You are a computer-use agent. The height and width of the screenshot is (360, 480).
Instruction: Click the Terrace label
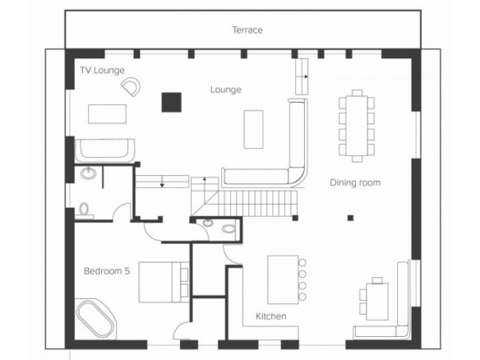(247, 30)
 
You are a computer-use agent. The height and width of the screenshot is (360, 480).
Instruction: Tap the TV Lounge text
(102, 71)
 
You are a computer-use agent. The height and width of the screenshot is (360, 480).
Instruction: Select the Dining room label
(355, 182)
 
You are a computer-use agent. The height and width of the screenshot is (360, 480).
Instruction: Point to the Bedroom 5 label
(107, 271)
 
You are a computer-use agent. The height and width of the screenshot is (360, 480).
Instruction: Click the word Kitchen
(271, 316)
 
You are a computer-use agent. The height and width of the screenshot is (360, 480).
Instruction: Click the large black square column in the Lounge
(172, 102)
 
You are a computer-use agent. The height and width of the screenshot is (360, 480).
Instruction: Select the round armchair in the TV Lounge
(132, 86)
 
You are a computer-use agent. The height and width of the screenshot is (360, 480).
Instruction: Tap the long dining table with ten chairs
(357, 126)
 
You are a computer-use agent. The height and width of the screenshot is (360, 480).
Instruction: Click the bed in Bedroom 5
(164, 282)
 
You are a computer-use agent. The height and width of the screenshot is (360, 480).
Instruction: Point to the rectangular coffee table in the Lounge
(253, 130)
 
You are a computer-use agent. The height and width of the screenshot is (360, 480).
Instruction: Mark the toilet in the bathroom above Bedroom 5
(84, 210)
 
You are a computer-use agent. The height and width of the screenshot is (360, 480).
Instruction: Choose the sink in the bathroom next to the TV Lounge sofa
(89, 173)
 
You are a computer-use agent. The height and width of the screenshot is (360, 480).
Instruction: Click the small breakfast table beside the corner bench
(377, 302)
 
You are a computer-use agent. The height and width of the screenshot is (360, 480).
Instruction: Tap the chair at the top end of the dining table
(357, 93)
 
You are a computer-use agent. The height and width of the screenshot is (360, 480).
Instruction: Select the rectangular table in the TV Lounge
(107, 114)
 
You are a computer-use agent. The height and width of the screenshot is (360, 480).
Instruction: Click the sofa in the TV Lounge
(105, 150)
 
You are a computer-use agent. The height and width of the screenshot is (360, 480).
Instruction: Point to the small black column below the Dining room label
(350, 218)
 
